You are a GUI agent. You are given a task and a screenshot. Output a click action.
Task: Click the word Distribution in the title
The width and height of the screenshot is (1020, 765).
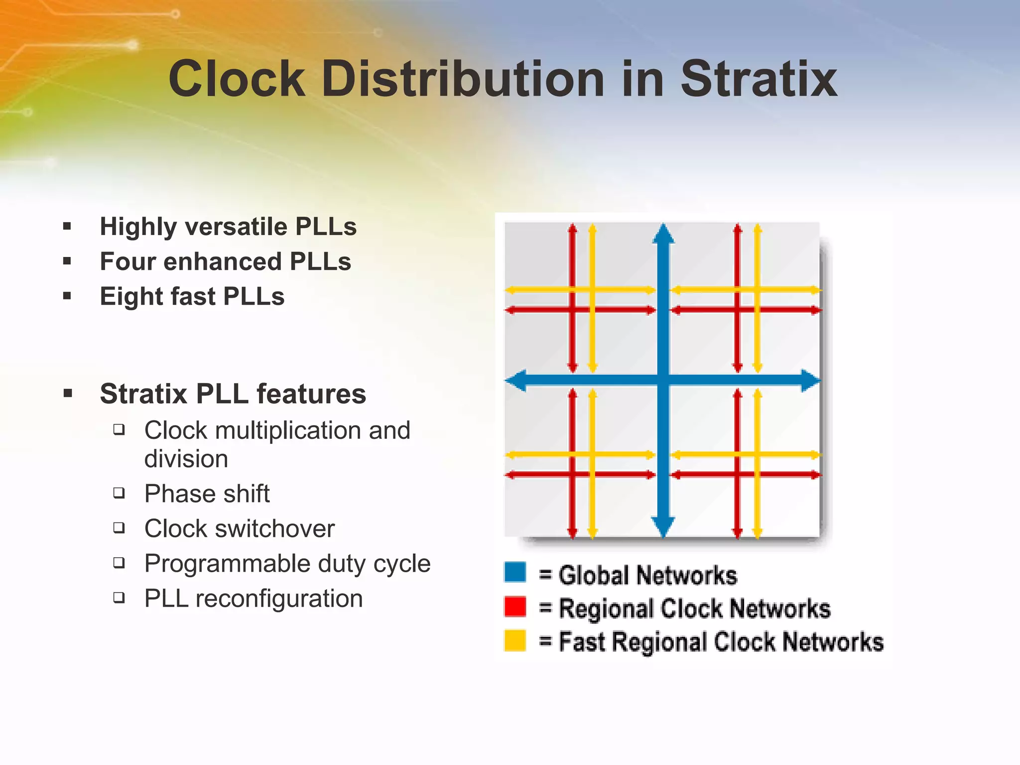[x=463, y=79]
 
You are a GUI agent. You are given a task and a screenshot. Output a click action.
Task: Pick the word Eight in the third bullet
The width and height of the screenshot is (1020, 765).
[x=130, y=296]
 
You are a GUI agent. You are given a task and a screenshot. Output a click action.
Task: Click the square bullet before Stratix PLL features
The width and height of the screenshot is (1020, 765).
[x=68, y=394]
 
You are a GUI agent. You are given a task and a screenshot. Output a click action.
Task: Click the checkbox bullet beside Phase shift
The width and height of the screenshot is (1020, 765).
[x=119, y=493]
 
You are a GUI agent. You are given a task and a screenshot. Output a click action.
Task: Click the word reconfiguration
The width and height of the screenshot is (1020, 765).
[x=279, y=599]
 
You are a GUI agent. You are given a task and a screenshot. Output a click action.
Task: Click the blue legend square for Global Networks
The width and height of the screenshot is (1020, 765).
[x=515, y=572]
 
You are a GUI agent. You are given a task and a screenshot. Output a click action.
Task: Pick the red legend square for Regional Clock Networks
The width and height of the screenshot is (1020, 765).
[x=515, y=607]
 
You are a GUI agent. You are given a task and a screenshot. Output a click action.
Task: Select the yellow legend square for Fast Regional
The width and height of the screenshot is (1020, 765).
[x=515, y=640]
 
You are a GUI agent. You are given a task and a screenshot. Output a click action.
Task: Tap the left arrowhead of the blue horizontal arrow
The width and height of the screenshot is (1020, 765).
[x=516, y=381]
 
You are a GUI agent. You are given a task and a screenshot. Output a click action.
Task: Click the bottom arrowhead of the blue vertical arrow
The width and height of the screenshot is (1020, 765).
[x=663, y=527]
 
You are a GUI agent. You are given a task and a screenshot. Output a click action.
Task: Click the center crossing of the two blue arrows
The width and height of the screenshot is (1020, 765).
[x=663, y=381]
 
